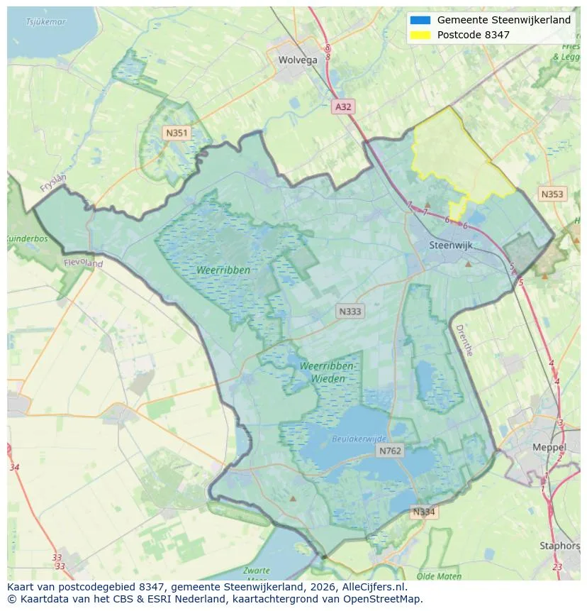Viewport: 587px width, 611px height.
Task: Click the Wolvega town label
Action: (x=298, y=60)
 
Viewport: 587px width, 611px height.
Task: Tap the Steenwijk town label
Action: (x=451, y=246)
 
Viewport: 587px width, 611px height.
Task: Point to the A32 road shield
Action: (x=343, y=106)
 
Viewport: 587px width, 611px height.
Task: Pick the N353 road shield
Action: (x=552, y=194)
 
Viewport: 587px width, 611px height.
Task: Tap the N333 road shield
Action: (x=350, y=312)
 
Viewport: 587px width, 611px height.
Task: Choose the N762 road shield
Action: (x=390, y=451)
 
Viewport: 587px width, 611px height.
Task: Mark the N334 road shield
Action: (x=425, y=512)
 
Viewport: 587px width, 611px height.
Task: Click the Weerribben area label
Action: (x=224, y=270)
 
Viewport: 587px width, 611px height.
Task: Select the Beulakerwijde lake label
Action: (x=359, y=439)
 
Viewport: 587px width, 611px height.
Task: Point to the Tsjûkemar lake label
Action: (x=45, y=22)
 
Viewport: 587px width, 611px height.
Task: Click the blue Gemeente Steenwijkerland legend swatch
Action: (x=420, y=21)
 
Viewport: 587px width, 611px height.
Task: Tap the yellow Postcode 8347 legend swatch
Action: (x=420, y=35)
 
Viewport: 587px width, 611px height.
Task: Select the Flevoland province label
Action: (x=83, y=263)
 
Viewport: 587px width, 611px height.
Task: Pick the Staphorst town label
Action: (x=559, y=546)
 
